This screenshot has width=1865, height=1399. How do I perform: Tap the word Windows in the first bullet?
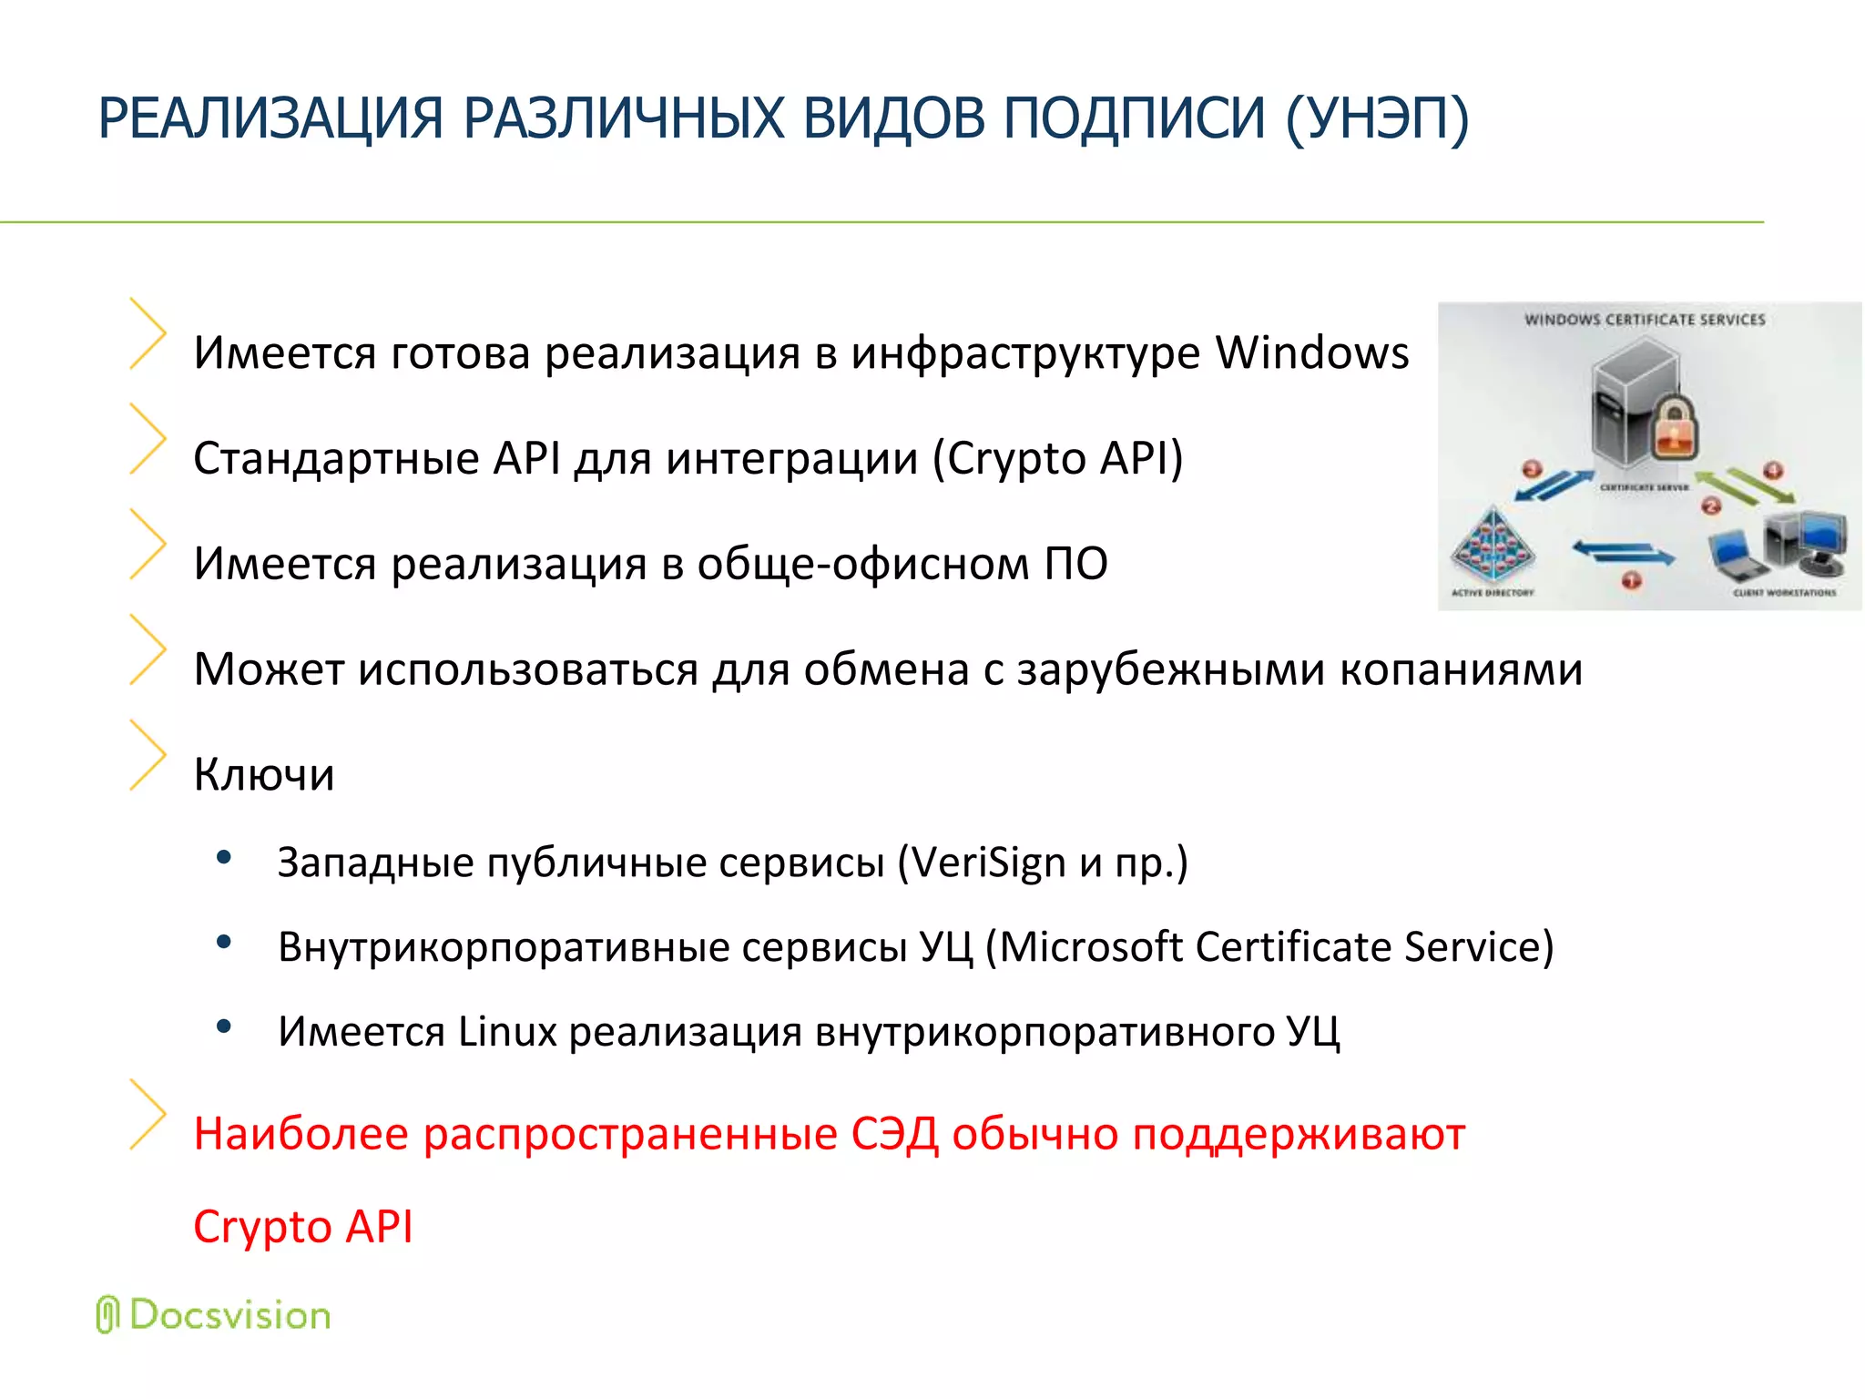1312,352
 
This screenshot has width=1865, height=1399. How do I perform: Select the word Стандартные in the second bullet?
336,458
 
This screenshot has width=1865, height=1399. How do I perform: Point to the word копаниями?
1461,669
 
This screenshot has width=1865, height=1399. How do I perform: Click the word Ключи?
264,775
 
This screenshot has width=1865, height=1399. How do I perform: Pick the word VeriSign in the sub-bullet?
988,862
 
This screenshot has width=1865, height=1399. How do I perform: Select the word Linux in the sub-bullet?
507,1032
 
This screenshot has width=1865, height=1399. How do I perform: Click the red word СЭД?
894,1135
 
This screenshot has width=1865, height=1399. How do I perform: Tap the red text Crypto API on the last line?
303,1227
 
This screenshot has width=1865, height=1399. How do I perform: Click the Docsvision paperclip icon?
107,1314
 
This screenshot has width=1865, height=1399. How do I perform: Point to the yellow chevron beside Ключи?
148,754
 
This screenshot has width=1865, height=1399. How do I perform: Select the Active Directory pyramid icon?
1492,546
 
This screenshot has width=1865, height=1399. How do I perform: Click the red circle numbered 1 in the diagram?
1631,580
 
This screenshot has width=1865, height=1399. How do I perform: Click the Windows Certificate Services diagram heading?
1645,320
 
